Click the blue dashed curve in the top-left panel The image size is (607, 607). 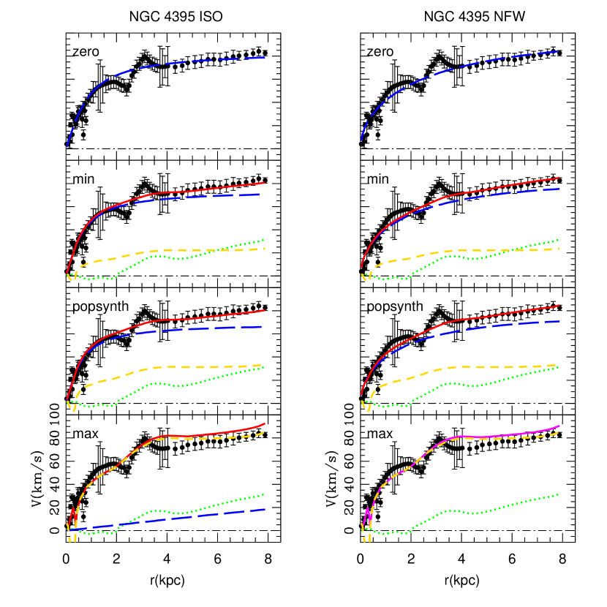click(146, 67)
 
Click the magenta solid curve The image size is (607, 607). click(497, 436)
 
